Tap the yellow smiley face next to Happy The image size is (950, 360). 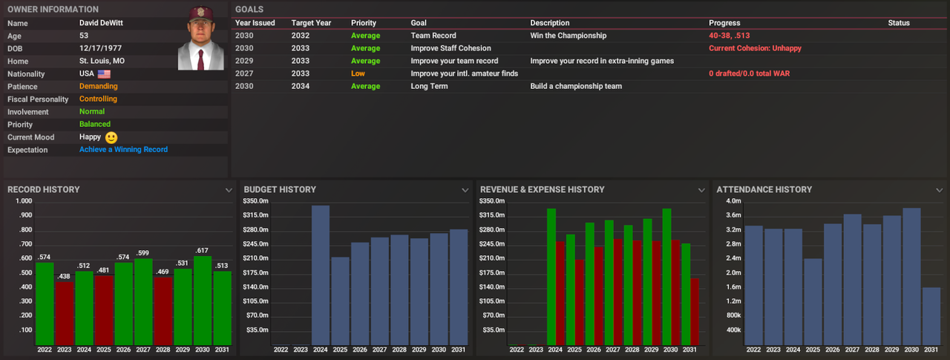coord(111,137)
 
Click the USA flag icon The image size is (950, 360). coord(104,74)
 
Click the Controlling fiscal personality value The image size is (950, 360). coord(98,99)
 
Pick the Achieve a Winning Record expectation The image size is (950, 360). coord(123,149)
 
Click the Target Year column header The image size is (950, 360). coord(311,23)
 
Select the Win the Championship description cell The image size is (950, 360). coord(568,36)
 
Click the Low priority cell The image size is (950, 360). coord(358,73)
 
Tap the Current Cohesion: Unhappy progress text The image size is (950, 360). coord(755,48)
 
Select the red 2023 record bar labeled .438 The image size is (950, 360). coord(64,312)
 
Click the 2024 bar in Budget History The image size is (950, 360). coord(320,275)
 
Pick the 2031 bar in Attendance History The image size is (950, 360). coord(931,315)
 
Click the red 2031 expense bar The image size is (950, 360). coord(694,311)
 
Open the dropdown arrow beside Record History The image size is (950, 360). coord(229,190)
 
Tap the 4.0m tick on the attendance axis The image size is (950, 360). coord(733,201)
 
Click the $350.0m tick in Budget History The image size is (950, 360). coord(256,201)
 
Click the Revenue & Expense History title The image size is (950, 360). coord(542,189)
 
